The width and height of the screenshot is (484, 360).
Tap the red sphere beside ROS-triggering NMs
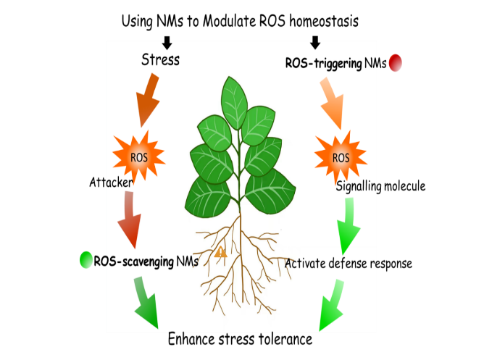click(396, 64)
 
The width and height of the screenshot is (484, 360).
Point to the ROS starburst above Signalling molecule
click(339, 156)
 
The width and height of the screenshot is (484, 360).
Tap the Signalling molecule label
click(380, 186)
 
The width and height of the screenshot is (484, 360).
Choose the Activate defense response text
click(349, 263)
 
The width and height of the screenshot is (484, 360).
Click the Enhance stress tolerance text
click(240, 338)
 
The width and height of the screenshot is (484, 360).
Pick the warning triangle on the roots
click(221, 252)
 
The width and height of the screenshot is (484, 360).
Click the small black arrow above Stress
click(166, 43)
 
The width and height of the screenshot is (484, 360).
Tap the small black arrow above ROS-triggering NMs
click(315, 43)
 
